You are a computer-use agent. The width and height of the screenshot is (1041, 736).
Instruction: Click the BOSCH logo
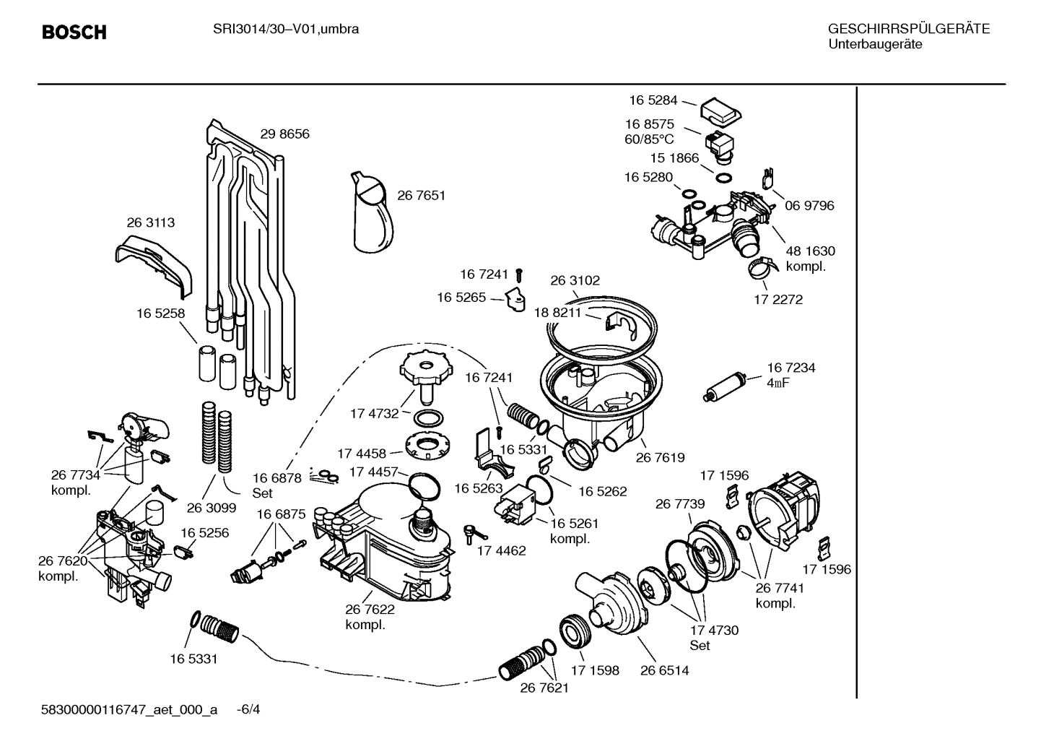pyautogui.click(x=74, y=33)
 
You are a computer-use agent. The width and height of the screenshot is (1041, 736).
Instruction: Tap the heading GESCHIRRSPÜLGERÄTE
pyautogui.click(x=908, y=30)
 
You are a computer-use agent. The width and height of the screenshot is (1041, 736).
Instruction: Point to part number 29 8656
pyautogui.click(x=284, y=134)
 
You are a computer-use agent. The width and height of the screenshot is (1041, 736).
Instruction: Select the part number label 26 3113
pyautogui.click(x=150, y=223)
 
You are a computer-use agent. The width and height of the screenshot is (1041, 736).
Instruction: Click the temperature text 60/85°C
pyautogui.click(x=649, y=139)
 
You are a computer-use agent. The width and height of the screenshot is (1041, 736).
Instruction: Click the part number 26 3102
pyautogui.click(x=575, y=281)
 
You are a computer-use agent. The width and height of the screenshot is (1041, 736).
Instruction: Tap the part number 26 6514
pyautogui.click(x=664, y=670)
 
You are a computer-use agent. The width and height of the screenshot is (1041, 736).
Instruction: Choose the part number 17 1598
pyautogui.click(x=595, y=670)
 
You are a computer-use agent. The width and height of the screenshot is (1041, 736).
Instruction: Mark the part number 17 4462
pyautogui.click(x=501, y=550)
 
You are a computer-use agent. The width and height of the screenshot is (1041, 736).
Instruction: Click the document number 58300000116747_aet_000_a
pyautogui.click(x=129, y=709)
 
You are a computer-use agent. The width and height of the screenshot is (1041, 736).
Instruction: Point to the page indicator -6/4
pyautogui.click(x=248, y=709)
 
